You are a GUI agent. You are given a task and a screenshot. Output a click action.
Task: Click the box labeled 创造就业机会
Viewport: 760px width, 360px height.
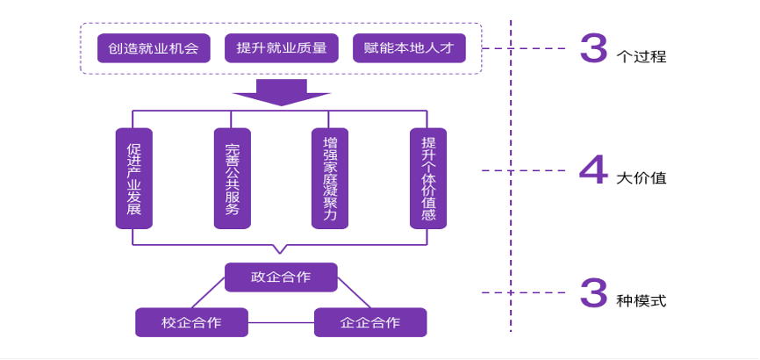click(154, 47)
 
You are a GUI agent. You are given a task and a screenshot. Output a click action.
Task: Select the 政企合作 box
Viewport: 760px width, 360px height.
click(281, 277)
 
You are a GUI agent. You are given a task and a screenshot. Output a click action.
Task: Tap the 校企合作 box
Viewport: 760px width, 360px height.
click(191, 322)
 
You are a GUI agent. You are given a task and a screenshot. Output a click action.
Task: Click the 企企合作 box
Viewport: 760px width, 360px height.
click(370, 322)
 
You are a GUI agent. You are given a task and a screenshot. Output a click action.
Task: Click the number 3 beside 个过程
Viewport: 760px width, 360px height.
click(593, 50)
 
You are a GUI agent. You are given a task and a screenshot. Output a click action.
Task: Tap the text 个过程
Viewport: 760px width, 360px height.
click(642, 57)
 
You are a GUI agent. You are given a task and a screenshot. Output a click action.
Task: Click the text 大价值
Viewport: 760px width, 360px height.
click(642, 177)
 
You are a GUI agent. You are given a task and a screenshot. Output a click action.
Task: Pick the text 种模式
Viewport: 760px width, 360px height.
click(642, 300)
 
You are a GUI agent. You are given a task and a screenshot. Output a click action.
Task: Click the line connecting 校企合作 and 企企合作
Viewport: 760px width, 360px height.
click(281, 323)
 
